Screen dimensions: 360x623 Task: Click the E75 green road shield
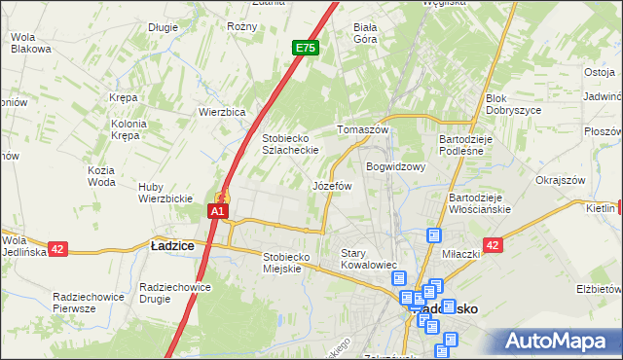[306, 47]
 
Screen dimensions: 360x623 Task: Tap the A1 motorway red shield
[219, 210]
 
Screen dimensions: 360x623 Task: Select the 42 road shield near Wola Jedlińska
[56, 249]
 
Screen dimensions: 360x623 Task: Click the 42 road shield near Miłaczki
[493, 246]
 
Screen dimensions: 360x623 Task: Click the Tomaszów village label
[362, 129]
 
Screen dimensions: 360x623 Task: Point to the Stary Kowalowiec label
[370, 258]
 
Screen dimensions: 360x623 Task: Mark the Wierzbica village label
[222, 112]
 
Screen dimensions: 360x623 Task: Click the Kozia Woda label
[101, 176]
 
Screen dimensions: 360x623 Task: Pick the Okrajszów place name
[560, 180]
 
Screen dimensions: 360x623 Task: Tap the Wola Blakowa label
[29, 44]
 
